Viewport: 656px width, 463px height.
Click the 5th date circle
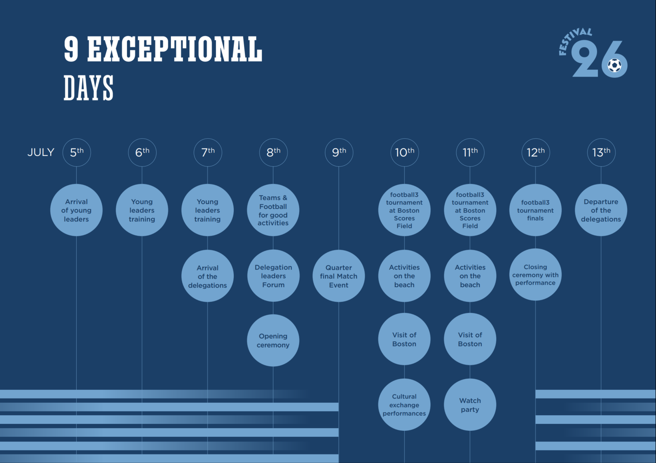(77, 152)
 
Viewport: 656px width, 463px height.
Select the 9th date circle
(339, 152)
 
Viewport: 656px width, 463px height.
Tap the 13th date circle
(601, 152)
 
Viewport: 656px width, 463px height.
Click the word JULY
(41, 153)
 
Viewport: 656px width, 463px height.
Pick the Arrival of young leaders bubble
(77, 210)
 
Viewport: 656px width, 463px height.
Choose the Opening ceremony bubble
(273, 340)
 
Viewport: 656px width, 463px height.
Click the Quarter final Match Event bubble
(339, 276)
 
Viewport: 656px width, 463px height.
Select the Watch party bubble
(470, 405)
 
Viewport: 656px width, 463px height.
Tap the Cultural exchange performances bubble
(404, 405)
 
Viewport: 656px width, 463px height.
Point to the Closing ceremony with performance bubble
(535, 275)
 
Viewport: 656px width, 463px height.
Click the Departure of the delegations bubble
(601, 210)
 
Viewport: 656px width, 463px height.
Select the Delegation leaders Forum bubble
(273, 276)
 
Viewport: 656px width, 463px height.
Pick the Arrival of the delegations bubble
(207, 276)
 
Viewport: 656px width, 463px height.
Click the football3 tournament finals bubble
(535, 210)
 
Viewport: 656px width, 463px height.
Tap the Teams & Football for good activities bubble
(273, 210)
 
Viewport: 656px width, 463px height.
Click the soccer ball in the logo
(614, 65)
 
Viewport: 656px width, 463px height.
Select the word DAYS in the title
(89, 88)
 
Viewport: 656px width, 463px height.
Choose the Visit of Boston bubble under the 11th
(470, 339)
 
